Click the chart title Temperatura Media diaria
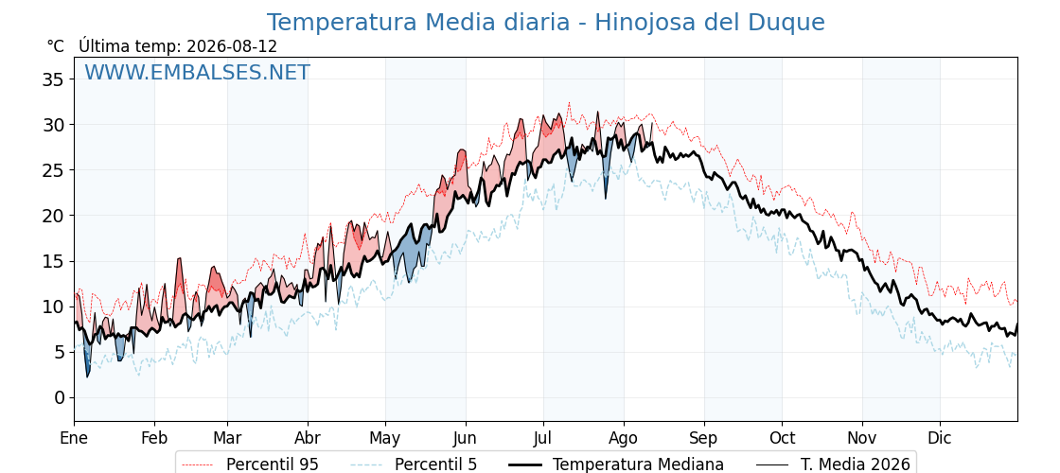(418, 23)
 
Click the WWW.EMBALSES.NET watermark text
(197, 72)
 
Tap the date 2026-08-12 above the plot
(232, 46)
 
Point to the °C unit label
(56, 46)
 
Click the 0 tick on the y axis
(61, 397)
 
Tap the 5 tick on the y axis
(61, 352)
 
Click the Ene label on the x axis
(74, 438)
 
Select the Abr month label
(308, 438)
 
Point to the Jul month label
(543, 438)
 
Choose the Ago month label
(623, 439)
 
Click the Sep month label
(704, 439)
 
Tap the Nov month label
(862, 438)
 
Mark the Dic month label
(940, 438)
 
